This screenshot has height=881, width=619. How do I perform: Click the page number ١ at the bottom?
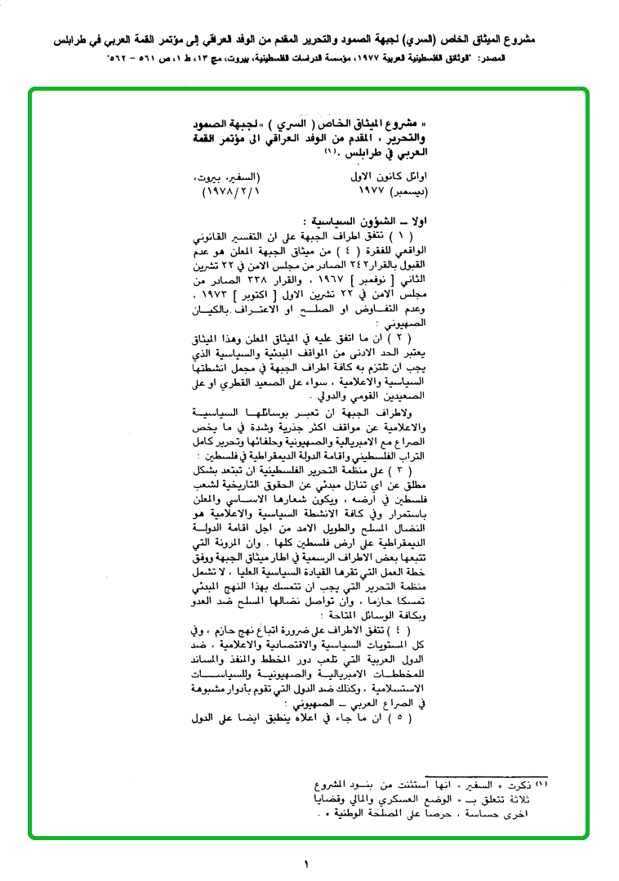(x=308, y=863)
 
